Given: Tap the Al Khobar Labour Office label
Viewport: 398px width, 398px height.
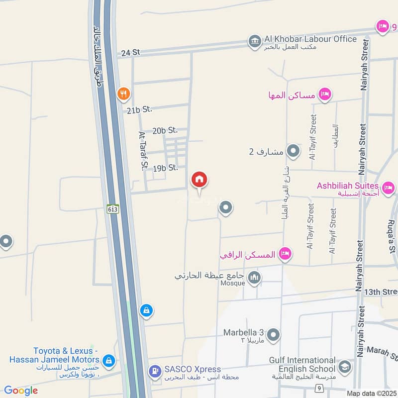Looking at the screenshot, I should (x=310, y=39).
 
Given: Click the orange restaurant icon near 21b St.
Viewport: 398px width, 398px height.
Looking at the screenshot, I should (x=123, y=93).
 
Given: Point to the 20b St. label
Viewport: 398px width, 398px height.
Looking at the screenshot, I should (x=165, y=130).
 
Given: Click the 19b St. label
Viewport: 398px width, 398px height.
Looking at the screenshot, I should (x=166, y=168).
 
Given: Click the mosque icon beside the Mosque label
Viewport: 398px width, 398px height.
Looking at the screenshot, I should (x=254, y=278).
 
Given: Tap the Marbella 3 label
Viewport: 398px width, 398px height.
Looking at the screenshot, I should (x=243, y=332).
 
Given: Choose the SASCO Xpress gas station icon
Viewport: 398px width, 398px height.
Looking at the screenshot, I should (x=155, y=371).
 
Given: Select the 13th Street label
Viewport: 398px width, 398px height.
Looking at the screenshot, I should (x=381, y=291).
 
